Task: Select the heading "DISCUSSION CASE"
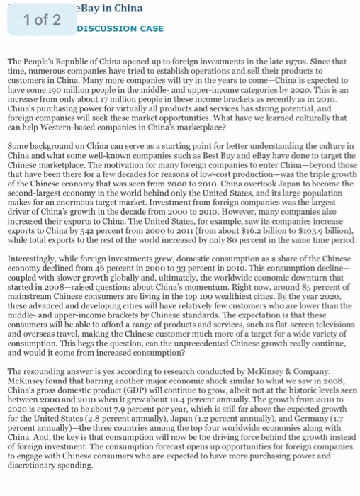pos(120,28)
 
